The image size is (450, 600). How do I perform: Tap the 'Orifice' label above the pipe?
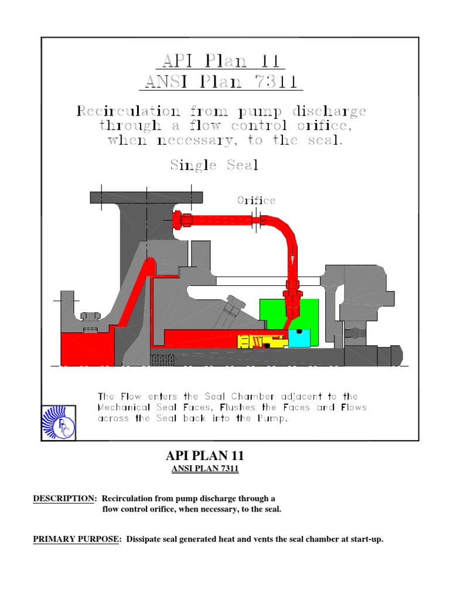coord(256,200)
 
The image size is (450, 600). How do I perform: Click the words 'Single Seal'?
coord(214,165)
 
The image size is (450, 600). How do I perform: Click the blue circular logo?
coord(59,422)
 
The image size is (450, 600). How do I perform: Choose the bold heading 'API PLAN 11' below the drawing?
coord(204,456)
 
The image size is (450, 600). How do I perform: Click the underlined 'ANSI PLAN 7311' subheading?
coord(204,469)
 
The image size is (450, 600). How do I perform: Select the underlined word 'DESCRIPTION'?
coord(64,499)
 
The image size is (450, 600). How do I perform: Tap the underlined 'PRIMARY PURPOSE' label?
coord(75,539)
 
